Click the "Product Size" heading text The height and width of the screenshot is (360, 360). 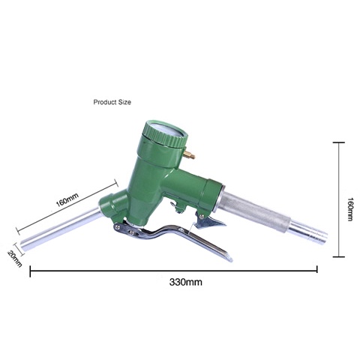(112, 102)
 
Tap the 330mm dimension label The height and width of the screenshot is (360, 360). (185, 282)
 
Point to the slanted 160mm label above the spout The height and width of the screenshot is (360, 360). (67, 199)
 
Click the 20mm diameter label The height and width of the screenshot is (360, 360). (15, 259)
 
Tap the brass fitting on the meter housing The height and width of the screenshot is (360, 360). (189, 155)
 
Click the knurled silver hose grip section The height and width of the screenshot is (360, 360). (255, 211)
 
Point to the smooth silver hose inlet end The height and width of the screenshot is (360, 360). (308, 231)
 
